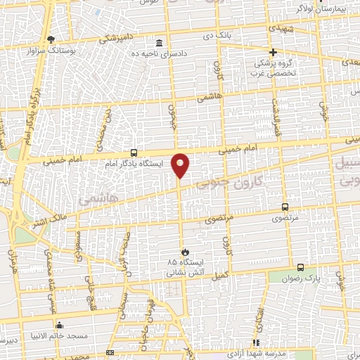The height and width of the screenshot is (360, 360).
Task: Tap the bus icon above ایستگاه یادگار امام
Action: [x=134, y=153]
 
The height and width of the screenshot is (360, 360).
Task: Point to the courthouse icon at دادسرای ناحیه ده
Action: [x=160, y=43]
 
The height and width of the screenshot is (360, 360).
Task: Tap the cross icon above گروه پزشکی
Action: [x=274, y=52]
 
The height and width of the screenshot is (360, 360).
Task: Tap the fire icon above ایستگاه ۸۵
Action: [x=184, y=252]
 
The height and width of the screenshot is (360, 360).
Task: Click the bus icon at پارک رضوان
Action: [x=301, y=267]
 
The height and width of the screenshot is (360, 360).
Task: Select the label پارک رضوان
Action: [x=300, y=278]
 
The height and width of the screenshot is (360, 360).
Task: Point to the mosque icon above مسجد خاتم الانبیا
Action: [x=59, y=325]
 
